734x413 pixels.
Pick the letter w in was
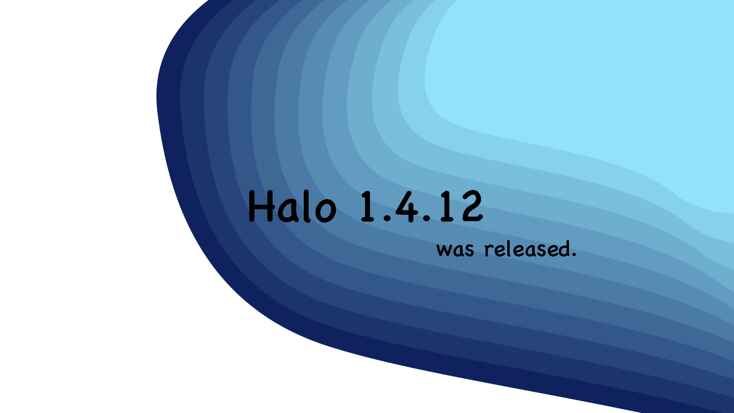pos(444,250)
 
